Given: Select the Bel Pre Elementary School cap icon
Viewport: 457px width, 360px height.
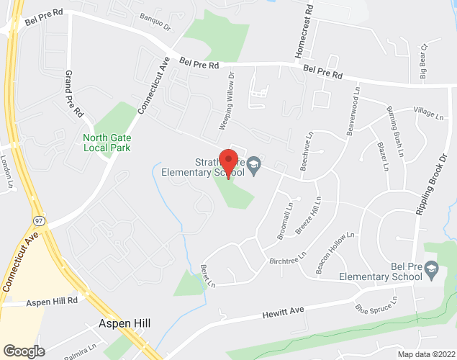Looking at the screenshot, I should (431, 269).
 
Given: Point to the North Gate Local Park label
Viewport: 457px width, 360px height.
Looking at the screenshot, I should (106, 141).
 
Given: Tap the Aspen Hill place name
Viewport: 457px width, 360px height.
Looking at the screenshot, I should (124, 324).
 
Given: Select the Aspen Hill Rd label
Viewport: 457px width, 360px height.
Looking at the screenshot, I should (52, 304).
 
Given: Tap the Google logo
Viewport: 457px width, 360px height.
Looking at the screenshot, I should (23, 351).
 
